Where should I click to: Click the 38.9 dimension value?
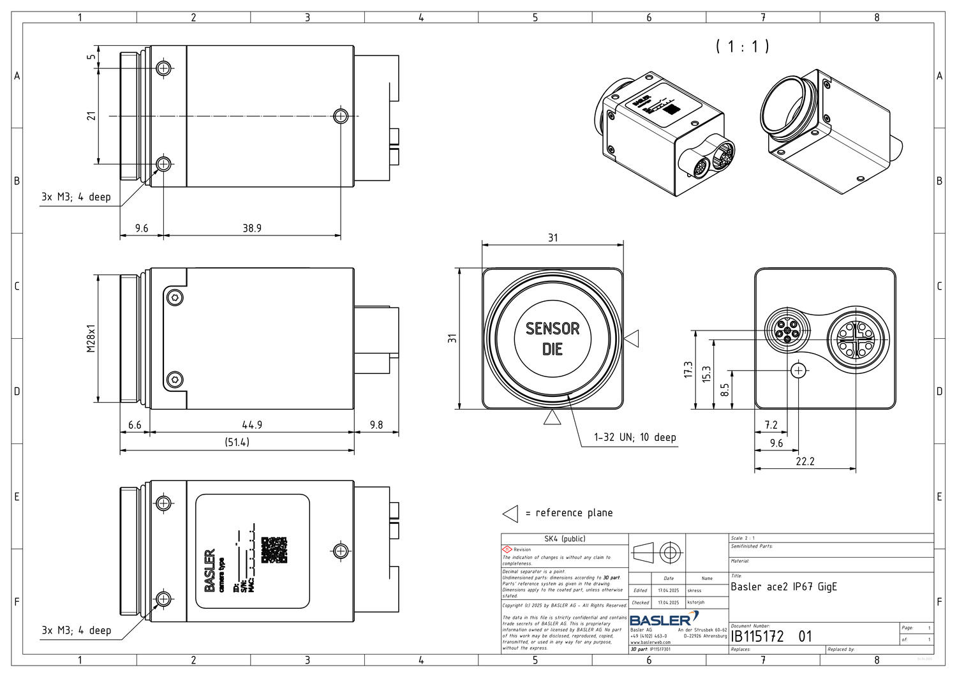[251, 228]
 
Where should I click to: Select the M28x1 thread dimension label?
[91, 339]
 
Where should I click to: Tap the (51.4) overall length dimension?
[237, 442]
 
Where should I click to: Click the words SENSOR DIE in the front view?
[553, 339]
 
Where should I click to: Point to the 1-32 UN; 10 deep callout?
[634, 437]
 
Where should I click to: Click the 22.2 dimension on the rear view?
[805, 461]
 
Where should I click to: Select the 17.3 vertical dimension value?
[688, 369]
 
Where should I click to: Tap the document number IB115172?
[757, 636]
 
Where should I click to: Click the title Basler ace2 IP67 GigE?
[783, 587]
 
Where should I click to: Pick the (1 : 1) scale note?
[742, 47]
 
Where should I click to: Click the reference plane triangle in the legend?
[510, 514]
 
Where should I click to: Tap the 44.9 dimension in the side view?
[251, 424]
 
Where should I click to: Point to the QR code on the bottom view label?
[274, 549]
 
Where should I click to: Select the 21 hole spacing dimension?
[91, 116]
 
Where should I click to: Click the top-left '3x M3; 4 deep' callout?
[76, 197]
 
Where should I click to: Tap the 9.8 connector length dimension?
[376, 424]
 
